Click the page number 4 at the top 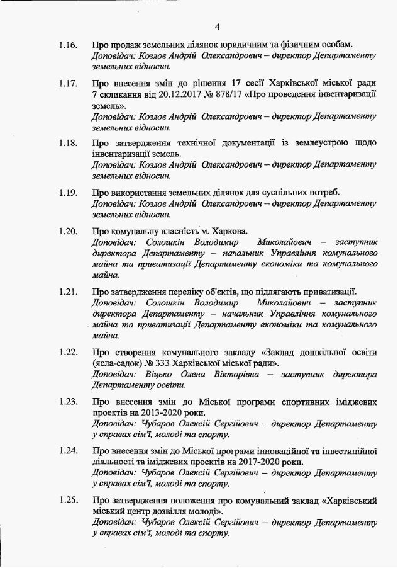tap(218, 26)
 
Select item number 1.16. tap(68, 45)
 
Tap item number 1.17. tap(68, 82)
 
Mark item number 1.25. tap(68, 501)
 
